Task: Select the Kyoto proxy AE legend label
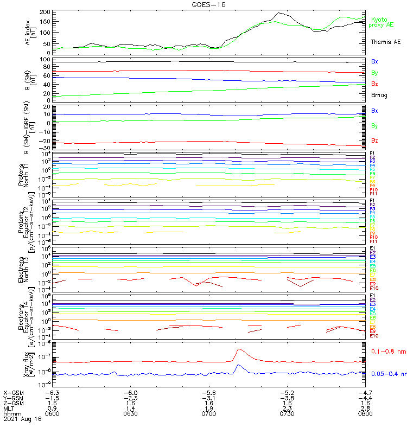point(381,22)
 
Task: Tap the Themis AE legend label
point(385,42)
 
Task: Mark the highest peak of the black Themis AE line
point(280,13)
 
